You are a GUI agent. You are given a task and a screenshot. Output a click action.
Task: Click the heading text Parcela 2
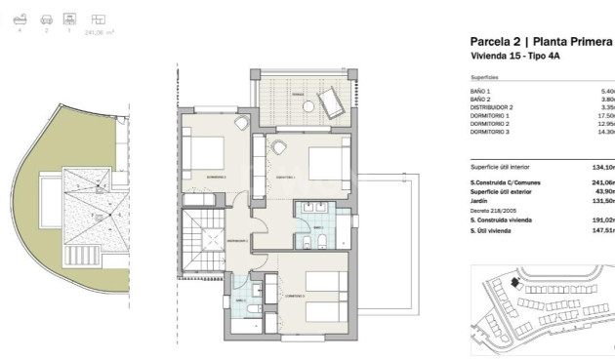click(497, 42)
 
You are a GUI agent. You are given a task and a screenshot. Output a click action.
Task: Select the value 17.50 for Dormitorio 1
click(606, 116)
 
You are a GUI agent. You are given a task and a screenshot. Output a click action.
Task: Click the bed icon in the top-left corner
click(20, 19)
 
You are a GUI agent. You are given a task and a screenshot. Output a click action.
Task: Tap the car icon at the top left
click(45, 19)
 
